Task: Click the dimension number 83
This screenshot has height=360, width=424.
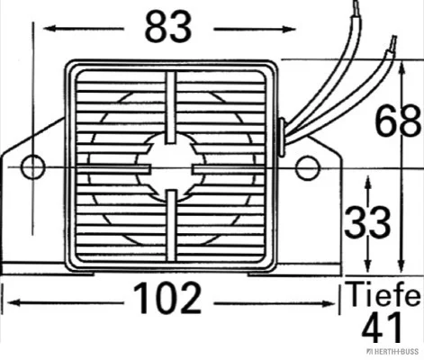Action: (167, 27)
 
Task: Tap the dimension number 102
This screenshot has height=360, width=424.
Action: (167, 299)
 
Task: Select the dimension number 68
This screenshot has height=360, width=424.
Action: (398, 121)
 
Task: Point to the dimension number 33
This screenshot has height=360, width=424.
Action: (367, 222)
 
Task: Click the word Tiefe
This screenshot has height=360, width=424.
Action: (383, 294)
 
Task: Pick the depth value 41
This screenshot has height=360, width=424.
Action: (382, 328)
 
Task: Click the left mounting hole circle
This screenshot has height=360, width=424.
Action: (33, 167)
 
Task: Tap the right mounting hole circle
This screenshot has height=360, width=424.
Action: (307, 168)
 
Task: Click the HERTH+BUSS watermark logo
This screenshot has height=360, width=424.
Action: (392, 351)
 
